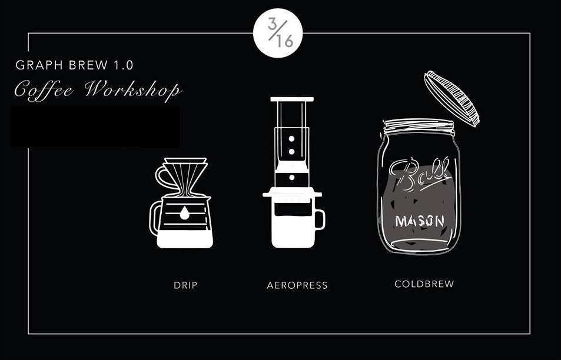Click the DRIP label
pos(185,285)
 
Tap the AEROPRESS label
pos(297,285)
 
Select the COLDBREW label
pos(424,284)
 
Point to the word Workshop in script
pos(133,89)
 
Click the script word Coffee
pos(44,90)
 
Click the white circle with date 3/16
pos(278,33)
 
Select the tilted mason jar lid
pos(452,98)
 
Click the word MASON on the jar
pos(420,221)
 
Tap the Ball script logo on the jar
pos(419,175)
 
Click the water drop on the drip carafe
pos(185,213)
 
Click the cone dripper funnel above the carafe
pos(185,177)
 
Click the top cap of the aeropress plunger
pos(292,99)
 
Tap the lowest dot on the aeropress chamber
pos(292,177)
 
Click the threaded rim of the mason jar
pos(419,126)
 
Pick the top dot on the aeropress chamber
pos(292,138)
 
